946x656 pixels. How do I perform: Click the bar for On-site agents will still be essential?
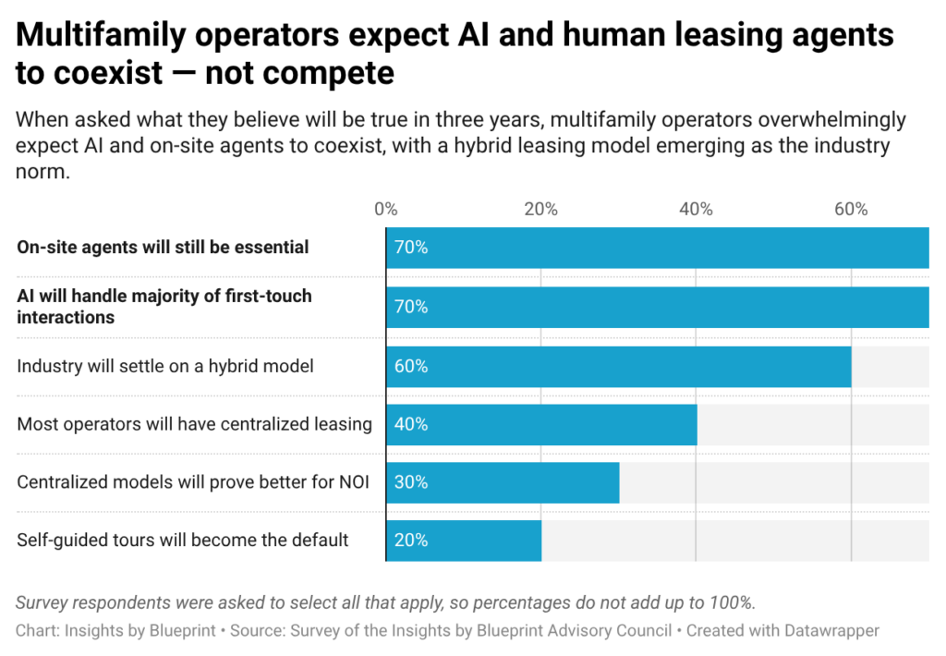pyautogui.click(x=658, y=248)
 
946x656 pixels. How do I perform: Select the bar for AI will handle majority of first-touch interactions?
pyautogui.click(x=658, y=307)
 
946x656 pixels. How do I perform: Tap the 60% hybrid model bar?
pyautogui.click(x=619, y=366)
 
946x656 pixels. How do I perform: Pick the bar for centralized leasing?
pyautogui.click(x=541, y=425)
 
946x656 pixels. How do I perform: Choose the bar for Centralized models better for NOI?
pyautogui.click(x=503, y=483)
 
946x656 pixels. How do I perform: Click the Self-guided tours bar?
pyautogui.click(x=464, y=541)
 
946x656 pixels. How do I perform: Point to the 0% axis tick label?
pyautogui.click(x=386, y=209)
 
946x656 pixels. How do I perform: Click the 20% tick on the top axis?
pyautogui.click(x=540, y=209)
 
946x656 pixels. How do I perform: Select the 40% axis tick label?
pyautogui.click(x=696, y=209)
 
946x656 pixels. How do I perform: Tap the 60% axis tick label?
pyautogui.click(x=851, y=209)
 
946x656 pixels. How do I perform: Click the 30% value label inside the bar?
pyautogui.click(x=411, y=482)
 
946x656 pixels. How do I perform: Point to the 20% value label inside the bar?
pyautogui.click(x=411, y=541)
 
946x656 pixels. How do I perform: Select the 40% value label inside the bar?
pyautogui.click(x=411, y=424)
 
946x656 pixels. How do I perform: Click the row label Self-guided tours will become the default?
pyautogui.click(x=183, y=541)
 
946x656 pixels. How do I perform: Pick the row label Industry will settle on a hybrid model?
pyautogui.click(x=165, y=366)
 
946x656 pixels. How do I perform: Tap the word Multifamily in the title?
pyautogui.click(x=102, y=35)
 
